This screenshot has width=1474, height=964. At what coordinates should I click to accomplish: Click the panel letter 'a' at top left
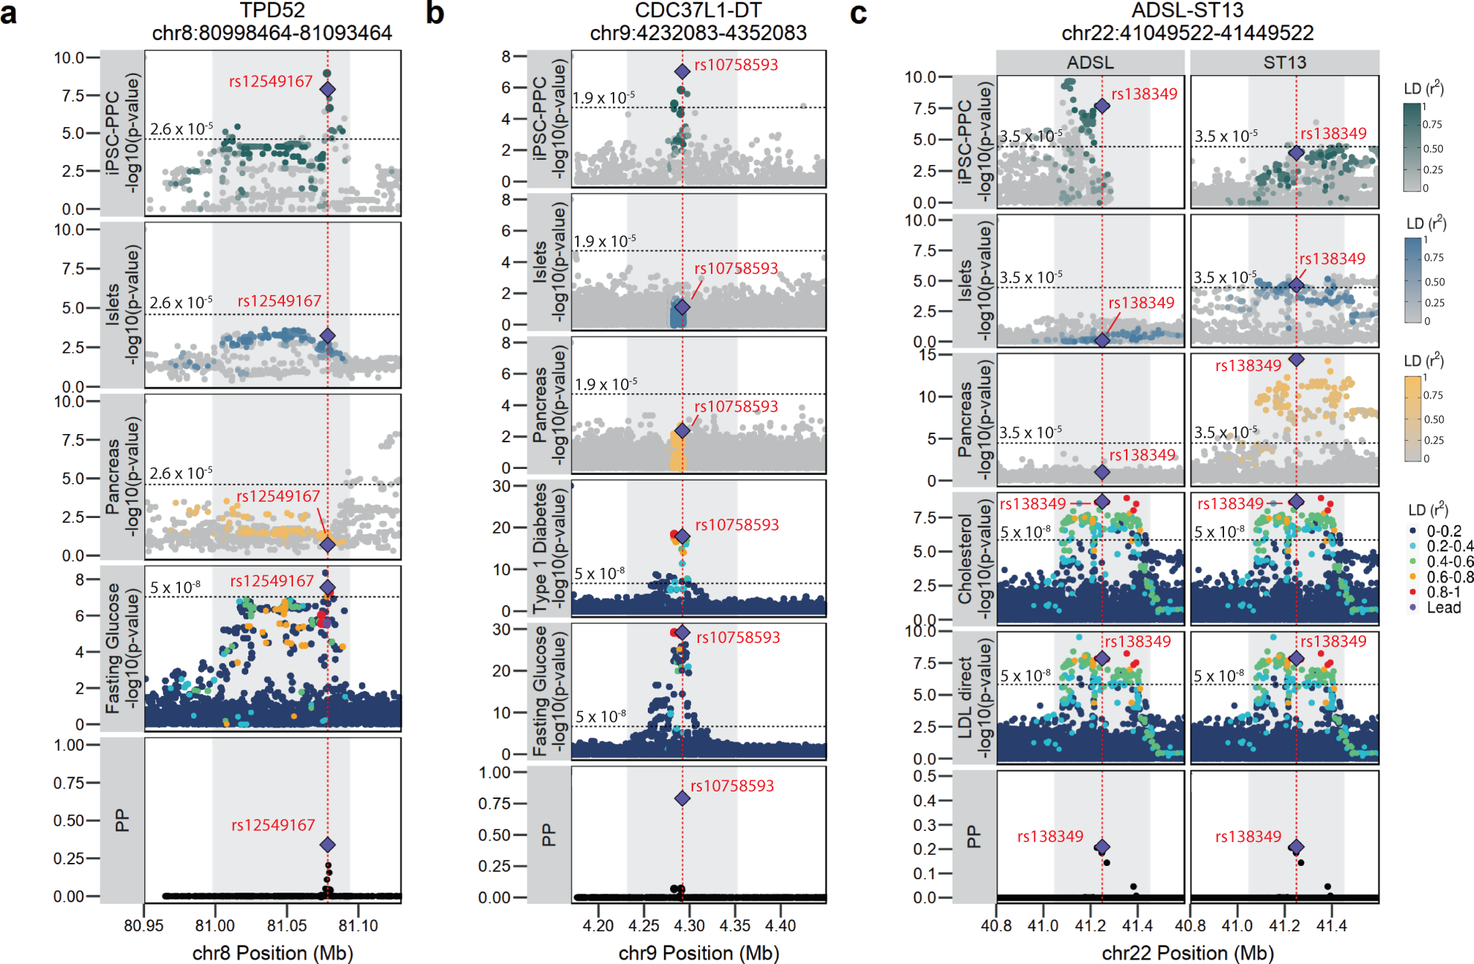pyautogui.click(x=9, y=14)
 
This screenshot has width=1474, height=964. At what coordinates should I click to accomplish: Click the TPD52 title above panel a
pyautogui.click(x=271, y=10)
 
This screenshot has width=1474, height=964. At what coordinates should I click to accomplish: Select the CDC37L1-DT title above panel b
pyautogui.click(x=698, y=10)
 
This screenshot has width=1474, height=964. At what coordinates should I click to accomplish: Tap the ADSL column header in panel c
pyautogui.click(x=1090, y=62)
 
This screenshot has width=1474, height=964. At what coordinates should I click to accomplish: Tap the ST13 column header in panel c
pyautogui.click(x=1284, y=62)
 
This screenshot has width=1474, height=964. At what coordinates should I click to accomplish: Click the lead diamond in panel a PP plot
pyautogui.click(x=327, y=844)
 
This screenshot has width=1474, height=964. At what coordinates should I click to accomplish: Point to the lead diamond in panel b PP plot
pyautogui.click(x=682, y=798)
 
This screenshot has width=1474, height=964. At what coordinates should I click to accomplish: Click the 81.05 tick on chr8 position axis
pyautogui.click(x=286, y=925)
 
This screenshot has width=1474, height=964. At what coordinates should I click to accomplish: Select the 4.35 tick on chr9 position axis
pyautogui.click(x=735, y=925)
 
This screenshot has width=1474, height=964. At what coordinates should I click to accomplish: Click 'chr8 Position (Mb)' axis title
pyautogui.click(x=272, y=953)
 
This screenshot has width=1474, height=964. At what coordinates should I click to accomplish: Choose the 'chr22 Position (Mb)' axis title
pyautogui.click(x=1188, y=953)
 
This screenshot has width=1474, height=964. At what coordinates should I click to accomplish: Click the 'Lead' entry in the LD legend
pyautogui.click(x=1443, y=607)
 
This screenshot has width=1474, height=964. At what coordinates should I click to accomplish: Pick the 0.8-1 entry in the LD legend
pyautogui.click(x=1443, y=592)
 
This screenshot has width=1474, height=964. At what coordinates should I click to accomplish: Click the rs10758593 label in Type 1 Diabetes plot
pyautogui.click(x=736, y=525)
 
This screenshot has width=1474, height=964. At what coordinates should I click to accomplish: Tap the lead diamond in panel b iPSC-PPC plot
pyautogui.click(x=682, y=71)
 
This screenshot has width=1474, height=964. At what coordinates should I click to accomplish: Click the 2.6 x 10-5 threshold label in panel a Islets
pyautogui.click(x=181, y=303)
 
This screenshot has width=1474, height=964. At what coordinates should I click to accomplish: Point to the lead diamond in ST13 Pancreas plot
pyautogui.click(x=1296, y=359)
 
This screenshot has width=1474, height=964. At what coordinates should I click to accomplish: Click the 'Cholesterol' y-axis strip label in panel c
pyautogui.click(x=965, y=557)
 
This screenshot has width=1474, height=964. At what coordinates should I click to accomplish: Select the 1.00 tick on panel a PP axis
pyautogui.click(x=68, y=745)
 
